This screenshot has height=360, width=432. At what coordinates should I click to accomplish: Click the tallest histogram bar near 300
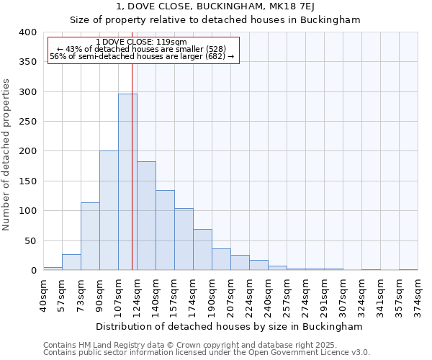[x=127, y=181]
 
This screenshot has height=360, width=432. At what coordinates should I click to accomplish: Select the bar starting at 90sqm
[x=109, y=210]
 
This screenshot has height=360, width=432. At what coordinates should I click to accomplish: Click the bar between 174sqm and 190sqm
[x=202, y=250]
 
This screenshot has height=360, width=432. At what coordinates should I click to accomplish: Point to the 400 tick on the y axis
[x=27, y=32]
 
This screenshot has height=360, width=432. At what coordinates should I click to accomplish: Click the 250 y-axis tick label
[x=27, y=122]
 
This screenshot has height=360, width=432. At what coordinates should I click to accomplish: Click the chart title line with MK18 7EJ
[x=215, y=6]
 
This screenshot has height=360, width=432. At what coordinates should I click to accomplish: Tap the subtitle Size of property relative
[x=215, y=19]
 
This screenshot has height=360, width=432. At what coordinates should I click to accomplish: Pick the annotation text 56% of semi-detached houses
[x=142, y=56]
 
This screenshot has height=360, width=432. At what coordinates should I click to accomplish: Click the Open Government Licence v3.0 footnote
[x=206, y=353]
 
